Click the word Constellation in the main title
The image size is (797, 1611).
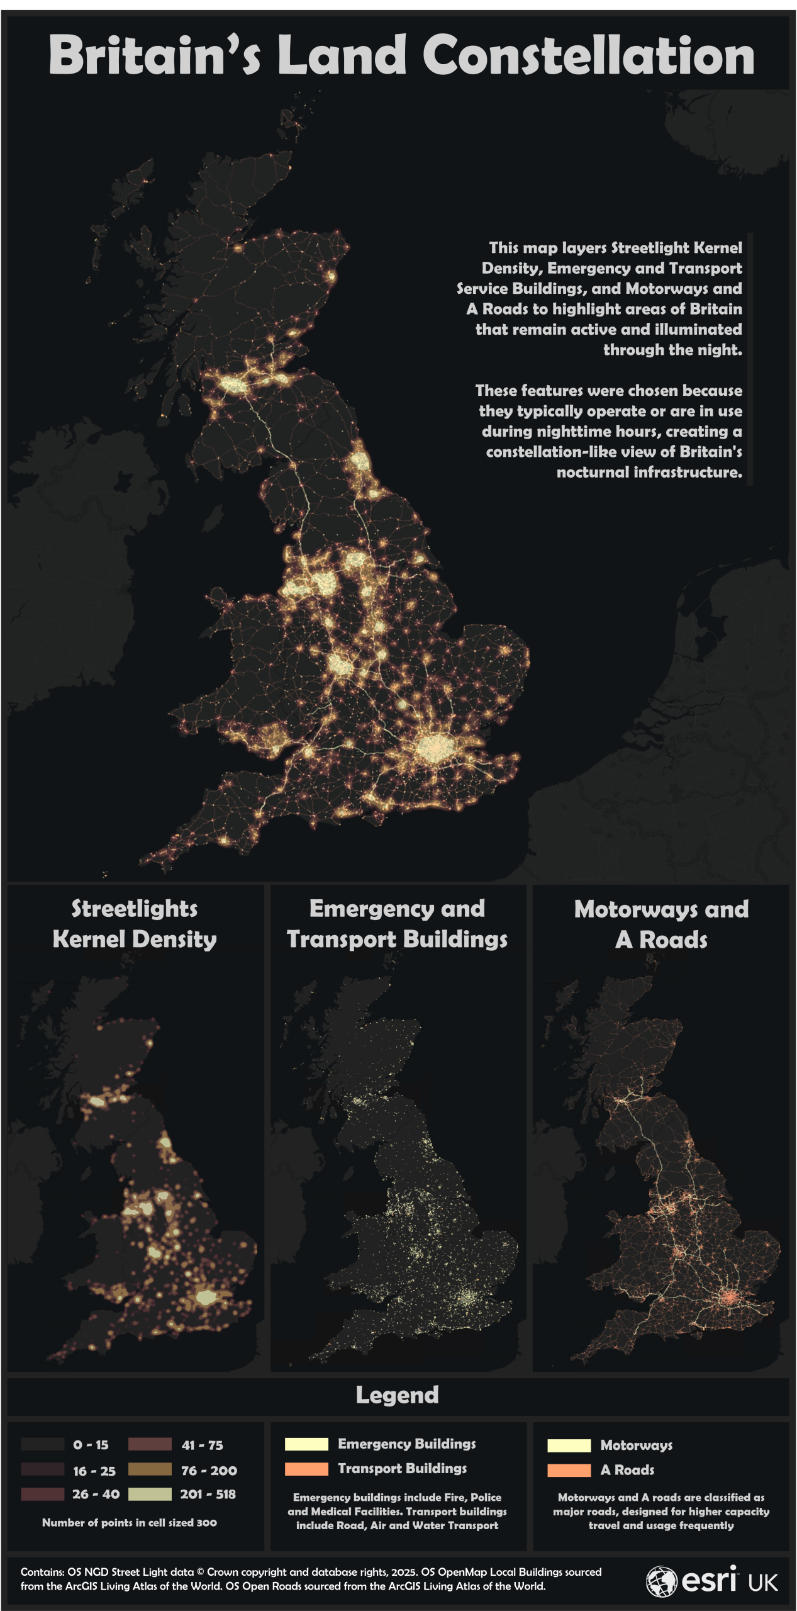click(x=588, y=55)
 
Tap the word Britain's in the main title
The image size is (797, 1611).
click(x=154, y=55)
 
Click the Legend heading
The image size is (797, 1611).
click(x=397, y=1395)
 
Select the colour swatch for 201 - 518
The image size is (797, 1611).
click(x=150, y=1494)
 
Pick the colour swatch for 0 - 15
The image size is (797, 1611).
click(x=43, y=1444)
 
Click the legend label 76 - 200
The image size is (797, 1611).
click(x=209, y=1471)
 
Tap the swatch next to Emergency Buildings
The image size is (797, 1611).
click(x=306, y=1444)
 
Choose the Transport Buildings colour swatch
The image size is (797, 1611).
click(x=306, y=1469)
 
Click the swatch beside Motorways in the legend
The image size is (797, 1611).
click(x=569, y=1445)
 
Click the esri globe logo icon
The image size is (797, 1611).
click(x=661, y=1581)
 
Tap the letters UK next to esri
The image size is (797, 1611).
click(x=763, y=1583)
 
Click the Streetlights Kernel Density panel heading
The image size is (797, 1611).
click(x=135, y=924)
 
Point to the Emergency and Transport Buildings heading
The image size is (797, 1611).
click(x=397, y=924)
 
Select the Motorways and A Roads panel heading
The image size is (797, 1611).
click(x=661, y=924)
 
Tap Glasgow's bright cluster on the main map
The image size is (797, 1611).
click(x=234, y=384)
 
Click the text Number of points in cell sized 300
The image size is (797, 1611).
click(x=130, y=1523)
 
